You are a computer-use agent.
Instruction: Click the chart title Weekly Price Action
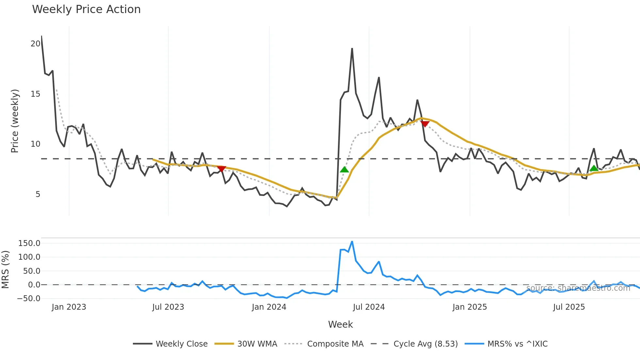pyautogui.click(x=86, y=9)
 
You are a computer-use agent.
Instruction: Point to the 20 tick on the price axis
pyautogui.click(x=35, y=44)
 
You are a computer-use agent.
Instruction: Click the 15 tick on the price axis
pyautogui.click(x=35, y=94)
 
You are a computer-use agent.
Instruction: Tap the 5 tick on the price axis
pyautogui.click(x=38, y=194)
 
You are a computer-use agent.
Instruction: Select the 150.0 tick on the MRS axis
pyautogui.click(x=29, y=243)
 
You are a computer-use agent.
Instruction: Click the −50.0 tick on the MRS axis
pyautogui.click(x=29, y=299)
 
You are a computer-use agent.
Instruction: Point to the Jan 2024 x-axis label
pyautogui.click(x=269, y=307)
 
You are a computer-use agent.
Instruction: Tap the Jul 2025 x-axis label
pyautogui.click(x=569, y=307)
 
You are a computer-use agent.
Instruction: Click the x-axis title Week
pyautogui.click(x=340, y=324)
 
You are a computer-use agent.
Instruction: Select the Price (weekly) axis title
pyautogui.click(x=15, y=121)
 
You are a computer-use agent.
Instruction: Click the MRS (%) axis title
pyautogui.click(x=5, y=270)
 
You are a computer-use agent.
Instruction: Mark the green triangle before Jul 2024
pyautogui.click(x=344, y=170)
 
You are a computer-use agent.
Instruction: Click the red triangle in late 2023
pyautogui.click(x=221, y=169)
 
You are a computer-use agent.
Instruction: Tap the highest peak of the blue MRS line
pyautogui.click(x=352, y=242)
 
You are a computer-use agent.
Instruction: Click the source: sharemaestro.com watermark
pyautogui.click(x=578, y=288)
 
